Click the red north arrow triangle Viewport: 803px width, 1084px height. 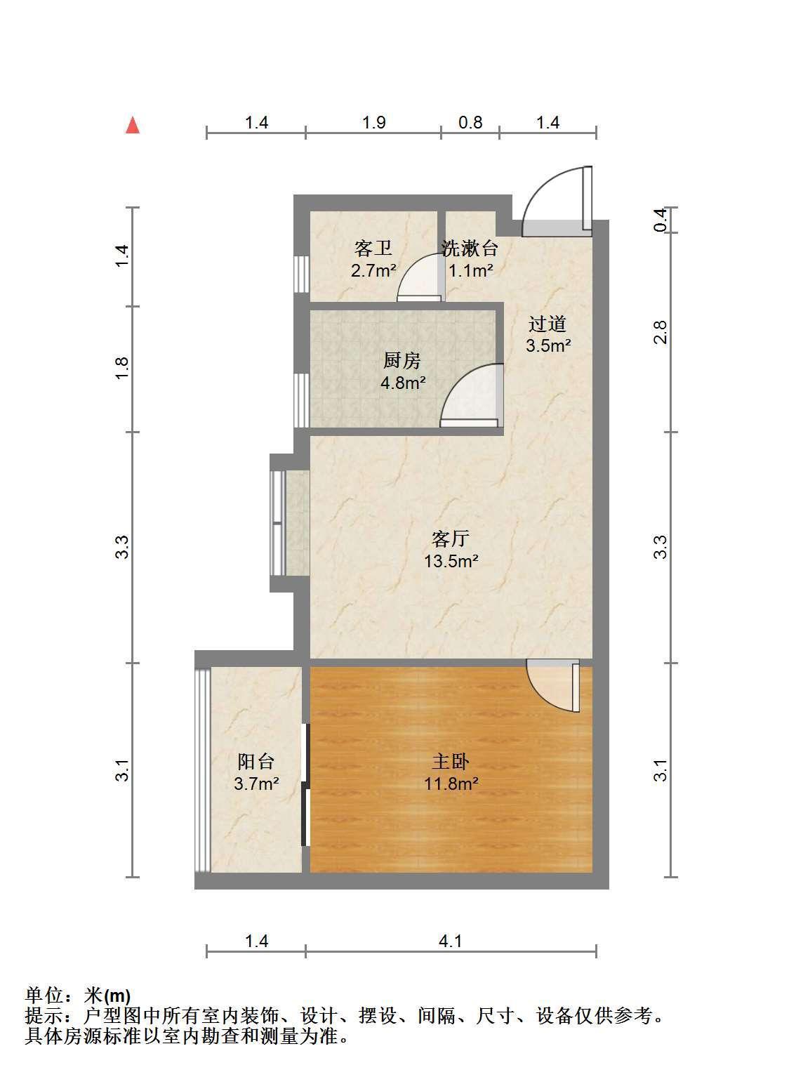(x=133, y=125)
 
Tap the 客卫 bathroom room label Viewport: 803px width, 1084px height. (x=373, y=249)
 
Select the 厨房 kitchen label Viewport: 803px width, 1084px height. (x=401, y=361)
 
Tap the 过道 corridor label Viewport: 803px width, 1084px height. (x=547, y=324)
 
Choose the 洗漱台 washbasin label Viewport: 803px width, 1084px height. (x=469, y=249)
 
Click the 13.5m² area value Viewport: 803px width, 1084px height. (x=451, y=560)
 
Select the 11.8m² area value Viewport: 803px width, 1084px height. (x=451, y=784)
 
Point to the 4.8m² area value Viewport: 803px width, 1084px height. (x=403, y=383)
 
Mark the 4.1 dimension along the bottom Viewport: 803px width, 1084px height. (x=450, y=941)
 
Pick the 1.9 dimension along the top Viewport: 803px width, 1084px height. (x=374, y=122)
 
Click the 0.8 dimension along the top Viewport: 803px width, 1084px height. (x=470, y=122)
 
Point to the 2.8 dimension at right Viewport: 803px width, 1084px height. (x=661, y=332)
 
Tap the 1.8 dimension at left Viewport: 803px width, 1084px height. (x=121, y=369)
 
